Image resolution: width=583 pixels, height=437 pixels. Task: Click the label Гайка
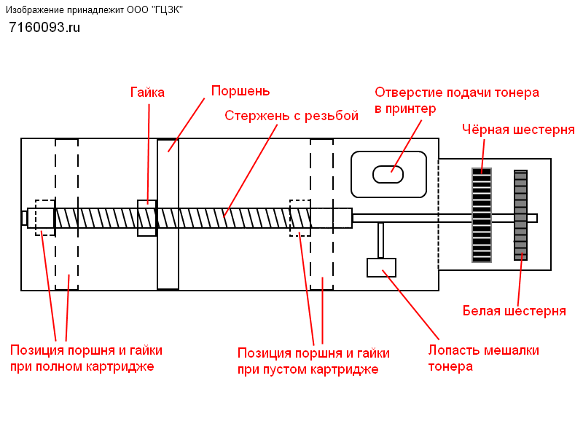click(x=147, y=92)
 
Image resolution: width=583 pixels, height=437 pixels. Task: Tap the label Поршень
click(x=240, y=91)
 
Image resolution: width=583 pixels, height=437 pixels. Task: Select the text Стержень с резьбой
click(x=291, y=116)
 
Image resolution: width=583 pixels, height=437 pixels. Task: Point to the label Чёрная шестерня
click(x=518, y=130)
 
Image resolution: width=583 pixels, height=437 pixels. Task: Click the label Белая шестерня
click(x=514, y=311)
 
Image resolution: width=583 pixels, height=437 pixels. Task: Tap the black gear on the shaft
click(x=482, y=215)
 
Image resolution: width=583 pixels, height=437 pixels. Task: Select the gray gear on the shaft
click(x=520, y=215)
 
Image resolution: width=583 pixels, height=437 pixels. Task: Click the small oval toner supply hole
click(x=388, y=174)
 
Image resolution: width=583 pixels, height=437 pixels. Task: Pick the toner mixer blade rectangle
click(x=381, y=267)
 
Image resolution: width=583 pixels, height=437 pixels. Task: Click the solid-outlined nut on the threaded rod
click(x=147, y=218)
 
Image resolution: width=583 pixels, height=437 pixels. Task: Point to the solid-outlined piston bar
click(x=168, y=214)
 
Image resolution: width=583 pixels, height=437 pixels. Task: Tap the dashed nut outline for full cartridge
click(x=45, y=218)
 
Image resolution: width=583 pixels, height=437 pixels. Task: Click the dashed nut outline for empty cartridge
click(x=300, y=218)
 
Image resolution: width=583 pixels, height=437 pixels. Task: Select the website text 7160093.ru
click(x=44, y=28)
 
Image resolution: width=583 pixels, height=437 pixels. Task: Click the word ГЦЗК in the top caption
click(x=168, y=10)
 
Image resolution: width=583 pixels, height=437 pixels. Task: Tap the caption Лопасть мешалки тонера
click(x=483, y=358)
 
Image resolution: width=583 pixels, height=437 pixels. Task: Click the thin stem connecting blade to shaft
click(x=380, y=240)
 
